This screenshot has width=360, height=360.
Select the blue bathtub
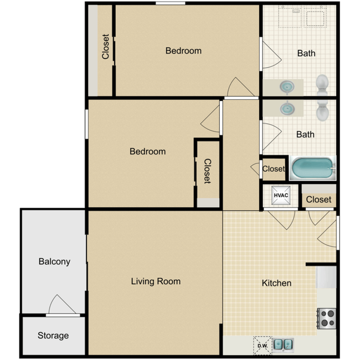[x=313, y=168]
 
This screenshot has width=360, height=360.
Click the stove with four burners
[x=326, y=318]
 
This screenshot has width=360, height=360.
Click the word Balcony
[x=54, y=261]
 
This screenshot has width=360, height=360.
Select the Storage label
[x=53, y=335]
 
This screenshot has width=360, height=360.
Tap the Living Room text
[x=156, y=281]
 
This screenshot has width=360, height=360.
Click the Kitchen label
[x=276, y=283]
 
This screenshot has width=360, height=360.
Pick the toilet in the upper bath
[x=323, y=84]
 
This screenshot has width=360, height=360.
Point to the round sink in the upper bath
[x=287, y=87]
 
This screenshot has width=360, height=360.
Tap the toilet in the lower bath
[x=323, y=110]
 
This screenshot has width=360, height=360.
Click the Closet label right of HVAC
[x=318, y=199]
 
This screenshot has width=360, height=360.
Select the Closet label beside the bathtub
[x=274, y=169]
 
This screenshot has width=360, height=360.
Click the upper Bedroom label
[x=183, y=51]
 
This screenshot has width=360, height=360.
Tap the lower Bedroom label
[x=147, y=151]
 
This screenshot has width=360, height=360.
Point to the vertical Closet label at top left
[x=105, y=48]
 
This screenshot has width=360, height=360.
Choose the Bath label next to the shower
[x=306, y=53]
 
